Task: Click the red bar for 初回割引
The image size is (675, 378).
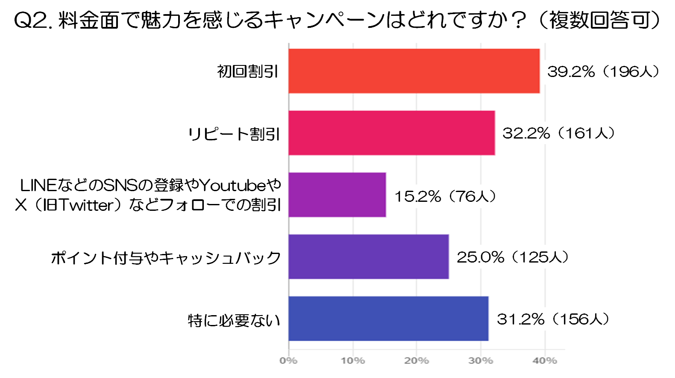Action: point(414,71)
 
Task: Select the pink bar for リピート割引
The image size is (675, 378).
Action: point(391,133)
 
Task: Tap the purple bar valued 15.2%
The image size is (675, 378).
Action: point(337,195)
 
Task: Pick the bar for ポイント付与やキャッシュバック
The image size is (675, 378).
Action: point(368,257)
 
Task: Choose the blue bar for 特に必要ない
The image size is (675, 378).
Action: point(388,319)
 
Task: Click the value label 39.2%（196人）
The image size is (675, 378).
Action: point(603,71)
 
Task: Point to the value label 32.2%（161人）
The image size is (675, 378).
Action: point(558,133)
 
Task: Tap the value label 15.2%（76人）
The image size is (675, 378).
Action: point(445,196)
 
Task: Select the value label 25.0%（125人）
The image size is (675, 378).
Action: point(512,257)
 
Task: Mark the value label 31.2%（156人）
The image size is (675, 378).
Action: point(553,319)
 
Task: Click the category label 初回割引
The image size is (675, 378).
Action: point(248,71)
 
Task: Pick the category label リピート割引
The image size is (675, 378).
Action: point(234,134)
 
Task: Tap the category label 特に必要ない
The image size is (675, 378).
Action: point(234,320)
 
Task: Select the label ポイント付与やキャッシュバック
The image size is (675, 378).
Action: point(166,258)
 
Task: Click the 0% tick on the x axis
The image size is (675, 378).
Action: point(288,361)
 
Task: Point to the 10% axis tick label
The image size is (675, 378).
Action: point(352,361)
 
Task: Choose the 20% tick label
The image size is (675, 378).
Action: point(417,361)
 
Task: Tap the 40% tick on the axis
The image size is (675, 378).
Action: point(545,361)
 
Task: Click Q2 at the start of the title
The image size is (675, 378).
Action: point(30,20)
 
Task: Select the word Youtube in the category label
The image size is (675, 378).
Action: point(233,185)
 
